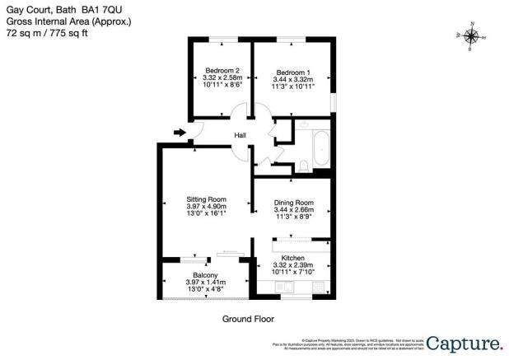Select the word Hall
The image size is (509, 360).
tap(240, 136)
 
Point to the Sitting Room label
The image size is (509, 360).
tap(206, 199)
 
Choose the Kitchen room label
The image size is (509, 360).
tap(293, 258)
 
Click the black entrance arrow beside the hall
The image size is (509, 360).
tap(180, 131)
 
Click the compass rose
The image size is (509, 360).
tap(471, 36)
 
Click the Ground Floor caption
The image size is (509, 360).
tap(248, 318)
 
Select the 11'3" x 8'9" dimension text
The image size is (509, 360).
tap(294, 217)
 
